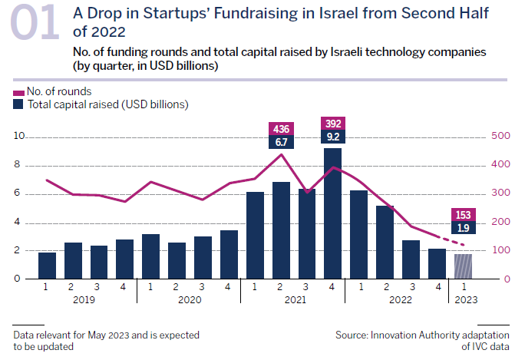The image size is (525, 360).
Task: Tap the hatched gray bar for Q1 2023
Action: coord(463,266)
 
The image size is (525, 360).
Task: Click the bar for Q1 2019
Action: coord(48,265)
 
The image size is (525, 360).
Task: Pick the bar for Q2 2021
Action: coord(281,230)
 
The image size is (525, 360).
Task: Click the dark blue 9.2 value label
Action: coord(332,137)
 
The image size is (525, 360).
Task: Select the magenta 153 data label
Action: coord(463,214)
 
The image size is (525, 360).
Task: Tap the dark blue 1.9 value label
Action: coord(463,227)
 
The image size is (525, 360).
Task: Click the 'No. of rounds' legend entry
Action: coord(54,91)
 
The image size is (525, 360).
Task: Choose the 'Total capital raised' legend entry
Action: coord(100,104)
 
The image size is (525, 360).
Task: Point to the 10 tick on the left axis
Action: coord(20,137)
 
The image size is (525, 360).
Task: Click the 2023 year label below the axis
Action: coord(464,300)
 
